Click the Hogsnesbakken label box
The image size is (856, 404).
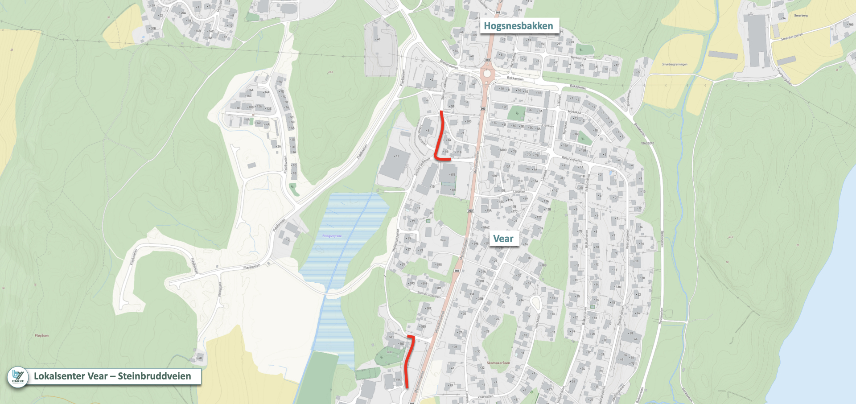[x=519, y=26]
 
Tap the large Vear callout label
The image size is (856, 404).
[x=503, y=239]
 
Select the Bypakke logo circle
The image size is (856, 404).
[x=18, y=377]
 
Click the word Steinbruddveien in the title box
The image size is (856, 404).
[x=154, y=376]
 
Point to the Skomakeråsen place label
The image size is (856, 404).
[x=498, y=363]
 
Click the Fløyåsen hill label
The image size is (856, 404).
[x=41, y=335]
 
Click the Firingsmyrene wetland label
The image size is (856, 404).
[x=332, y=236]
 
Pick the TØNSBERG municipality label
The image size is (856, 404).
[x=647, y=143]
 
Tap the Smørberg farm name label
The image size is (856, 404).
[x=801, y=16]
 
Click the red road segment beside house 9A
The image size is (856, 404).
[x=440, y=136]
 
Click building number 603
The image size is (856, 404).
[x=453, y=175]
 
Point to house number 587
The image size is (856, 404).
[x=428, y=308]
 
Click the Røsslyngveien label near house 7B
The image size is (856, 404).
[x=572, y=159]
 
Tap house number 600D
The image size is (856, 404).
[x=503, y=150]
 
